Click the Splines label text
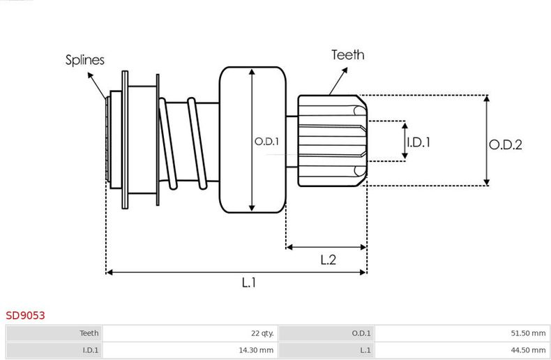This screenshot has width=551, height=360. [85, 60]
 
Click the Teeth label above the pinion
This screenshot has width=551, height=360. [347, 55]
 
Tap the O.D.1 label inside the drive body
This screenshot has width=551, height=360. [266, 142]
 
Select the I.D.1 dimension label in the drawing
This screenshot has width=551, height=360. [418, 142]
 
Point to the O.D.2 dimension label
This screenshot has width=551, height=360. [506, 144]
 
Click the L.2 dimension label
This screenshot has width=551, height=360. [329, 260]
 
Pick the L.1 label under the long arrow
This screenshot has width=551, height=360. [249, 283]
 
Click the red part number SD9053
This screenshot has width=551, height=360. [25, 315]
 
